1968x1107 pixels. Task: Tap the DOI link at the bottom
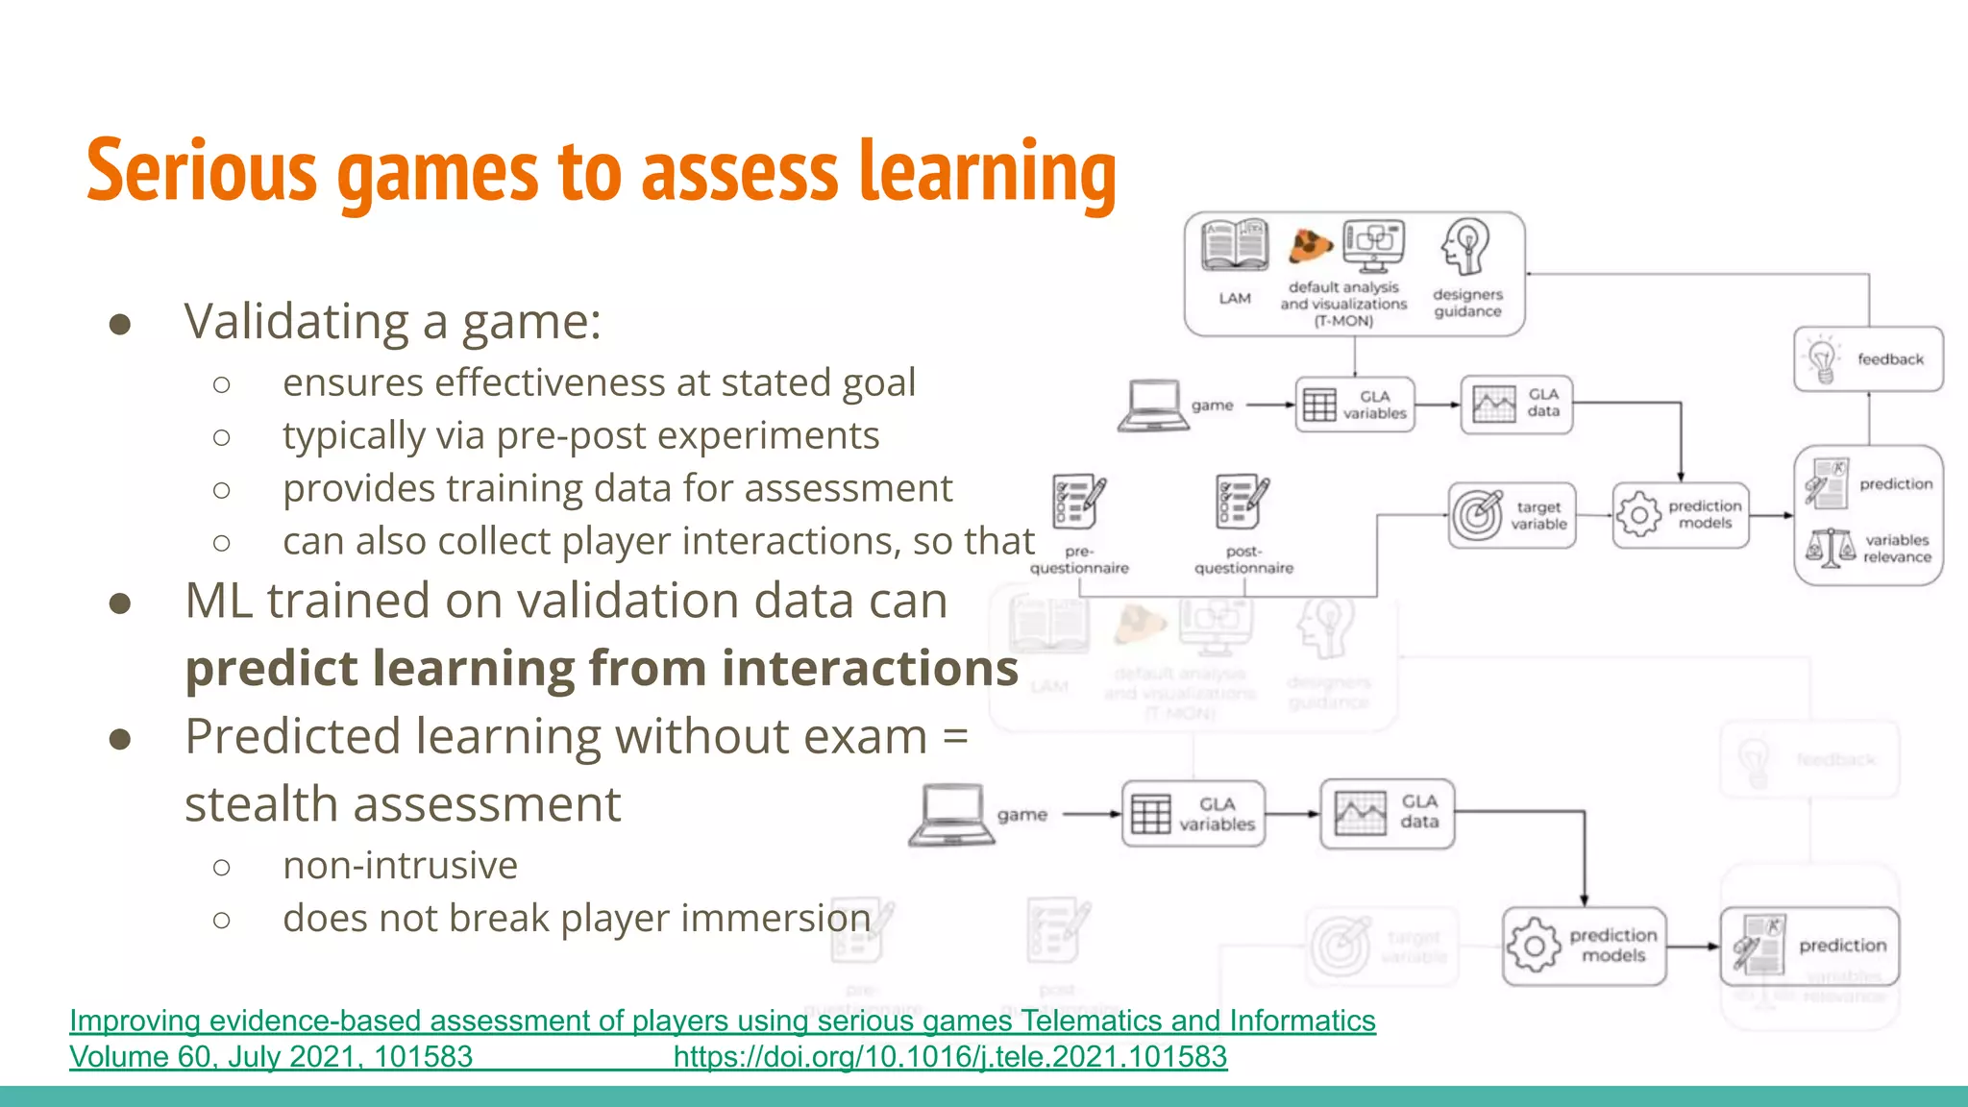click(949, 1057)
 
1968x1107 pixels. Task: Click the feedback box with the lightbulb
click(1868, 359)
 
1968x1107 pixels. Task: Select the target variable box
click(1512, 516)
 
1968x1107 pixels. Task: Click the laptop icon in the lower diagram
click(951, 816)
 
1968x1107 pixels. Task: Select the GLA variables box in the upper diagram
click(1355, 405)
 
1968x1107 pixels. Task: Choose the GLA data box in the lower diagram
click(1387, 814)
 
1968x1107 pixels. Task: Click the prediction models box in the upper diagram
click(1680, 516)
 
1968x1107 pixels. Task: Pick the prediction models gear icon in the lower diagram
click(1534, 946)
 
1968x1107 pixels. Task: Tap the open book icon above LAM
click(1235, 246)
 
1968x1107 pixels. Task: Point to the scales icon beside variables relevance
click(1830, 548)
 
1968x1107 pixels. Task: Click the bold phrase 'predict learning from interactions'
click(602, 668)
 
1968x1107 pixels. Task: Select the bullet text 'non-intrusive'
click(400, 866)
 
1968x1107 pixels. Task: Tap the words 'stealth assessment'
click(403, 804)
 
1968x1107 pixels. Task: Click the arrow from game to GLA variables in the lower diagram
click(1092, 815)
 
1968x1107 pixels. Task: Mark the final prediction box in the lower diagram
click(1809, 947)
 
